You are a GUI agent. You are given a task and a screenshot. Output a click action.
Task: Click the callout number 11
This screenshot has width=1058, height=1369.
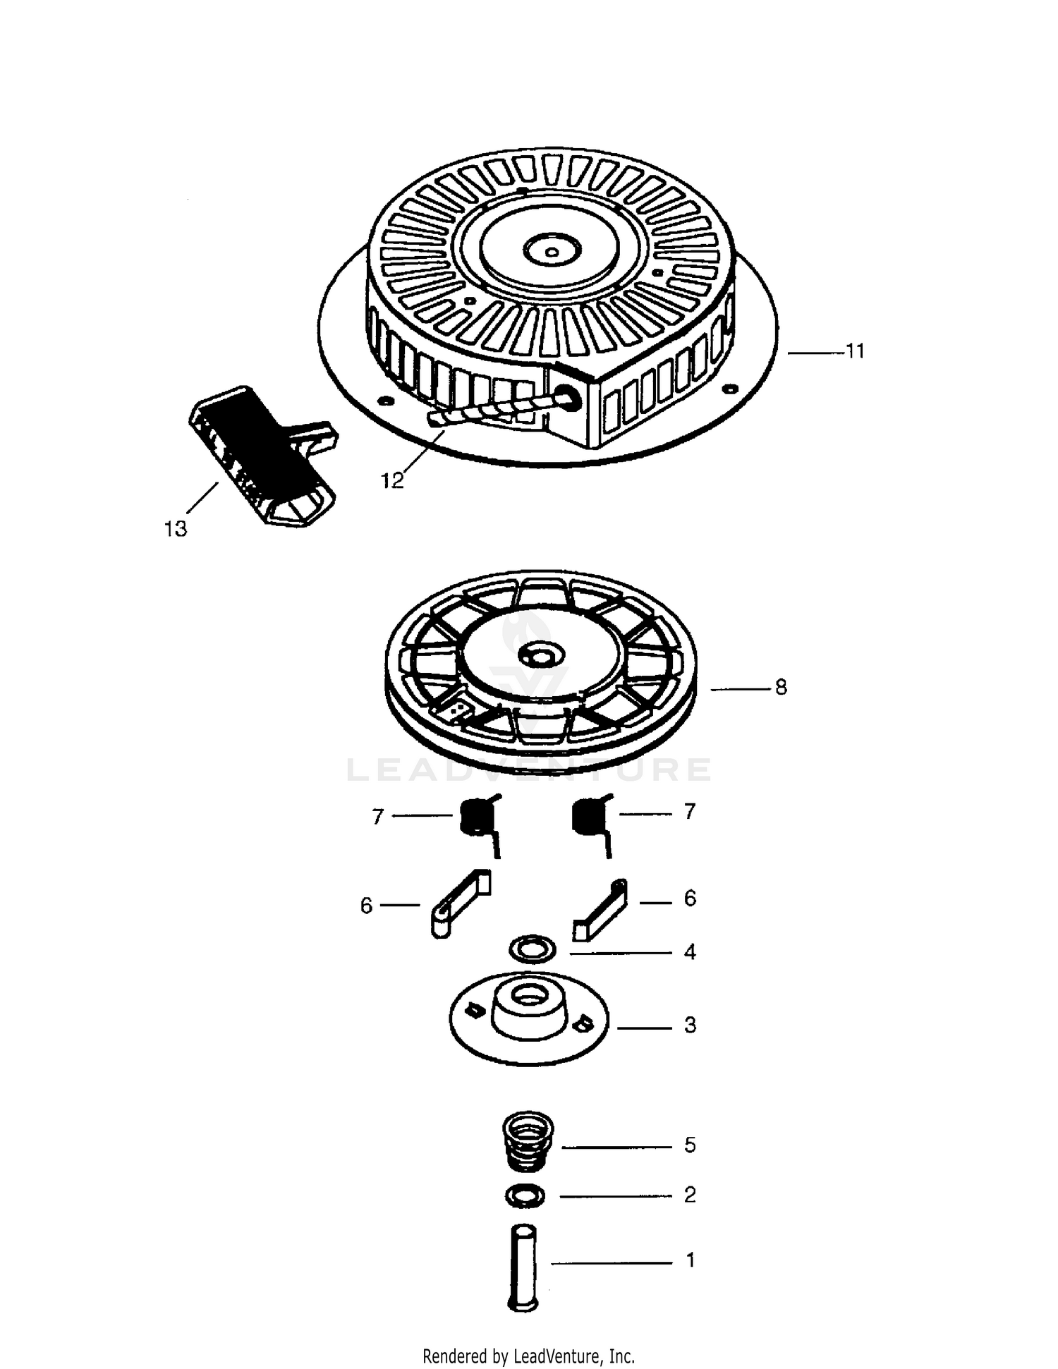coord(855,351)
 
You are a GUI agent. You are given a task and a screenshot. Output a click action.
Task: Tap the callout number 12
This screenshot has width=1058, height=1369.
coord(392,481)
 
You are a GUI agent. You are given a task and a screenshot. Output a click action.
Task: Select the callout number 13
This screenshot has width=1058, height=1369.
coord(176,528)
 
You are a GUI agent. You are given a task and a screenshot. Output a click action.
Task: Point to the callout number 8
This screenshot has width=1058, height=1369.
coord(781,687)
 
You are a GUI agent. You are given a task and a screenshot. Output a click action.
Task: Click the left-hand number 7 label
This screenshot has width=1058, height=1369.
coord(378,816)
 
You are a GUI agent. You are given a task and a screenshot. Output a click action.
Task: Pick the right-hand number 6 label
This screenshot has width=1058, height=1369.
coord(690,899)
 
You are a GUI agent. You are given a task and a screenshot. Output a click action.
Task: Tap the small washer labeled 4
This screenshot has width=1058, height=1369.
coord(533,949)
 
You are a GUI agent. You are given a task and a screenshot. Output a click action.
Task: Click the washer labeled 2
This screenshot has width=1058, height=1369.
coord(525,1196)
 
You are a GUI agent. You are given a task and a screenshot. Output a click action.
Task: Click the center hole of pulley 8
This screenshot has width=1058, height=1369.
coord(541,657)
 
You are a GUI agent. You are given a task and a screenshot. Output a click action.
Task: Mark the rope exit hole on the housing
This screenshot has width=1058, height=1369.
coord(568,398)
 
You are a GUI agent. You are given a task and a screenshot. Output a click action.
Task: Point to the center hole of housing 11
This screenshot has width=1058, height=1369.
coord(552,250)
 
